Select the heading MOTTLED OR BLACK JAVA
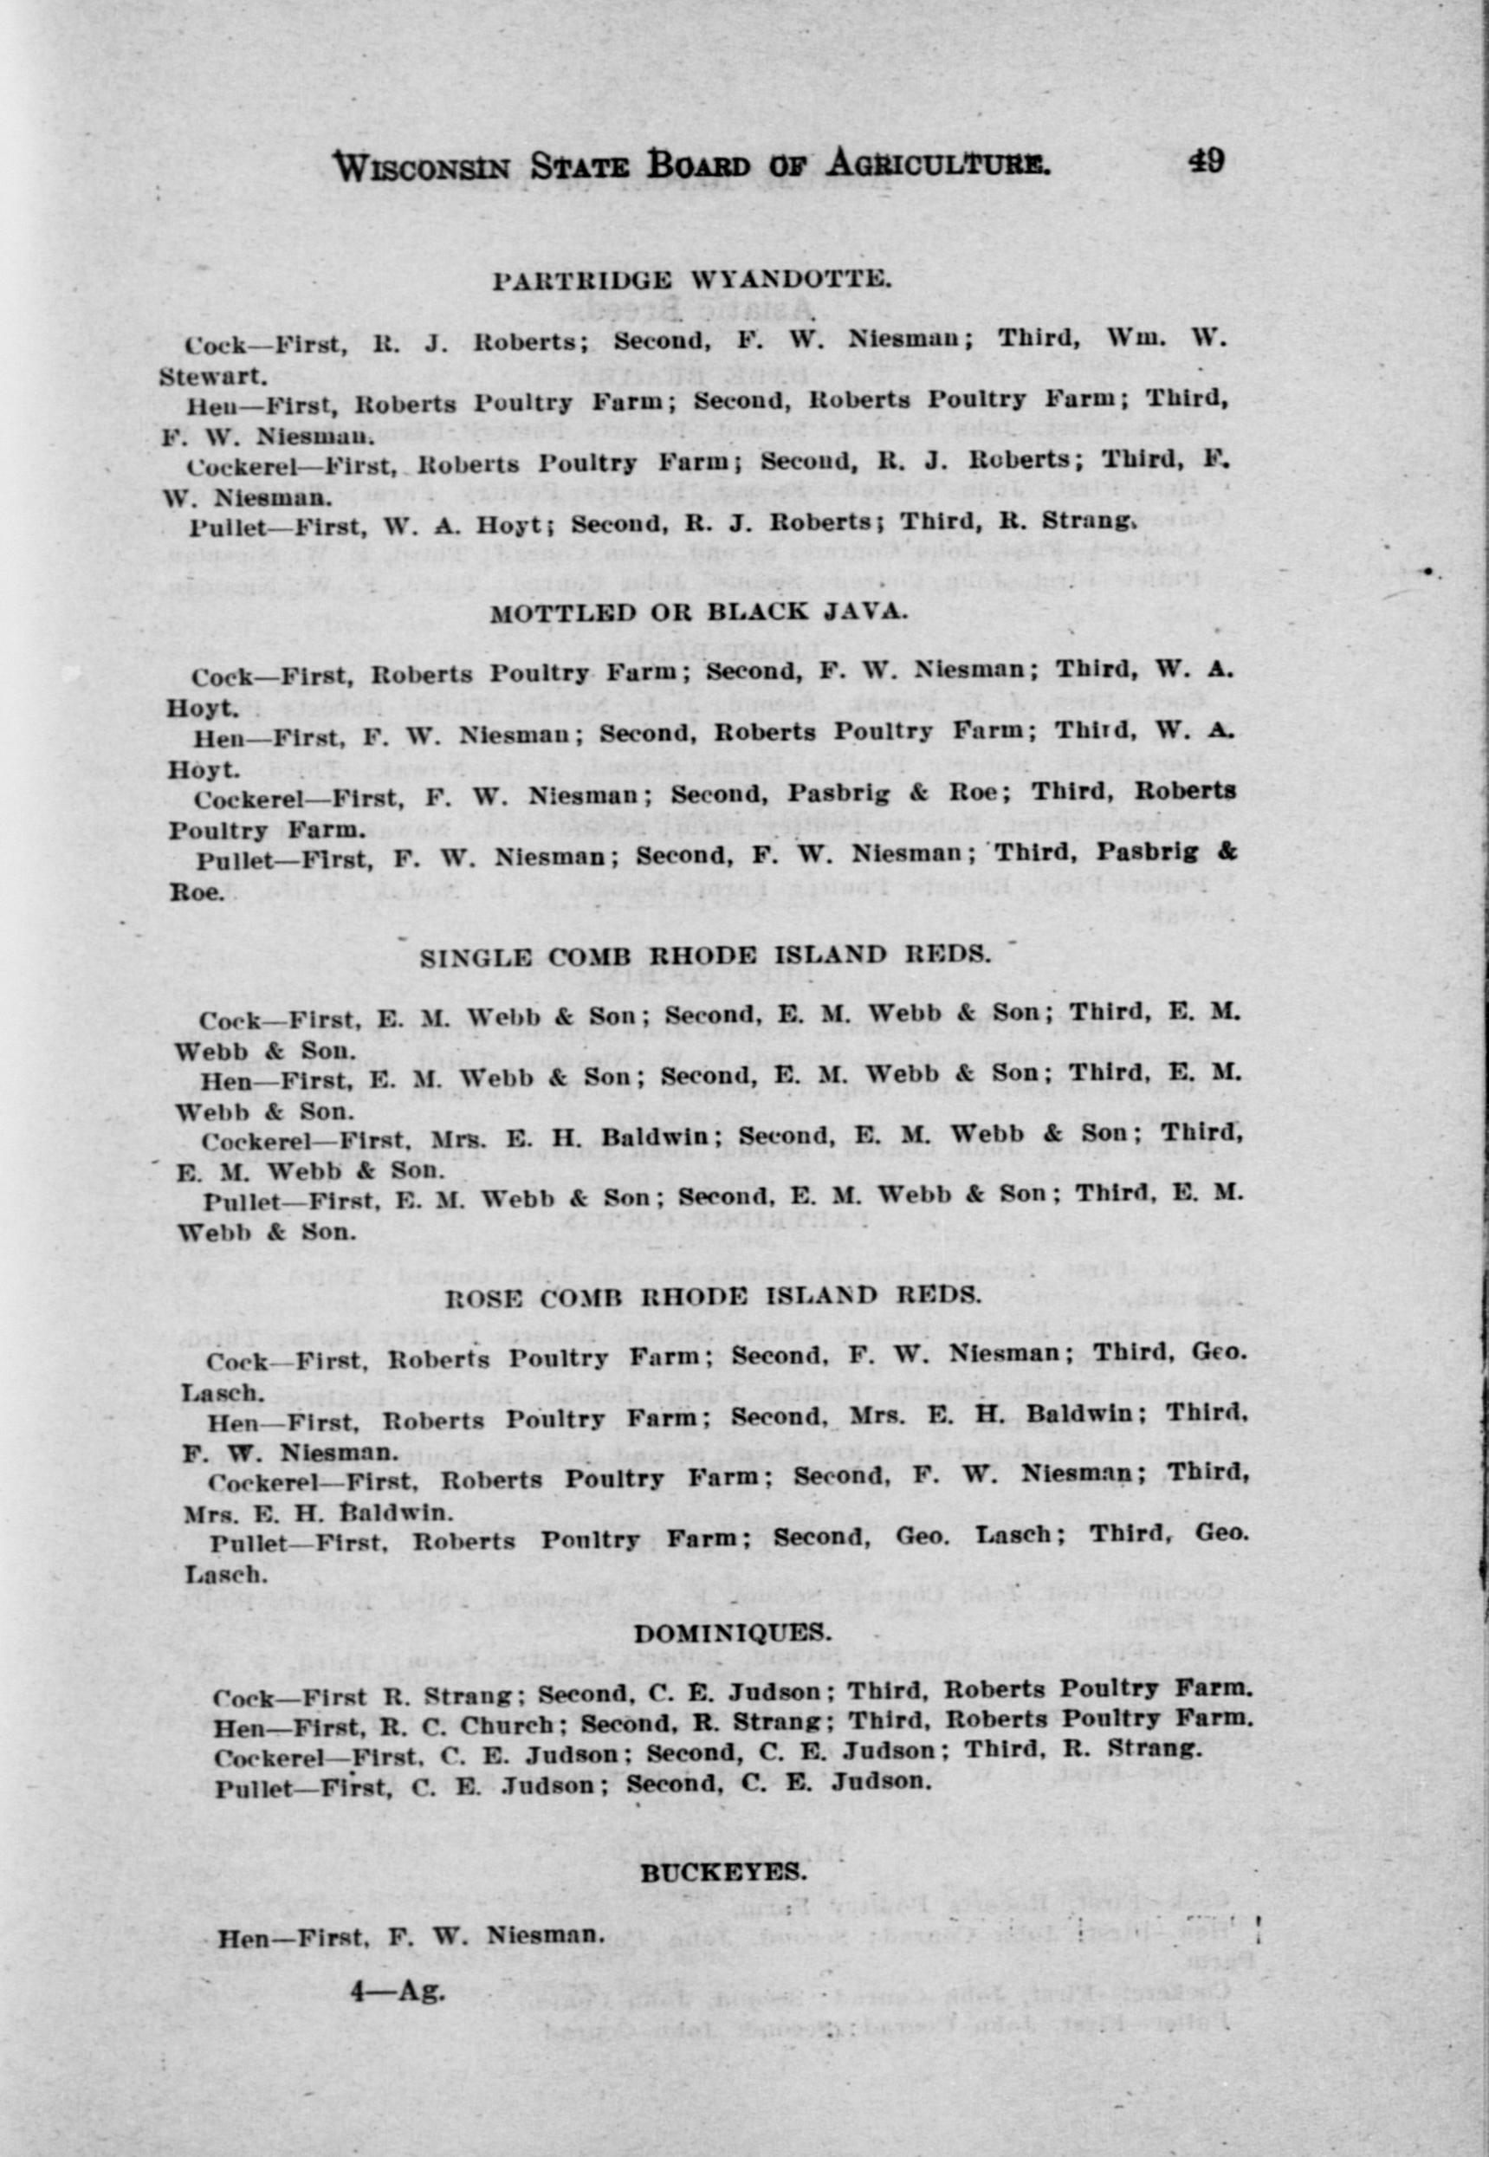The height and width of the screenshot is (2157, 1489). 698,612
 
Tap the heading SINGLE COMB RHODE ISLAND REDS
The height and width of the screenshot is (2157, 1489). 704,956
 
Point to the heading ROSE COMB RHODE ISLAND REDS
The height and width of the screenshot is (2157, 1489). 713,1296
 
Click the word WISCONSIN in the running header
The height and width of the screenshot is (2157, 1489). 422,167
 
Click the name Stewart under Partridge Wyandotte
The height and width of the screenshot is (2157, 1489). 213,377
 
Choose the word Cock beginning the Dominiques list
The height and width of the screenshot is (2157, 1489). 243,1697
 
